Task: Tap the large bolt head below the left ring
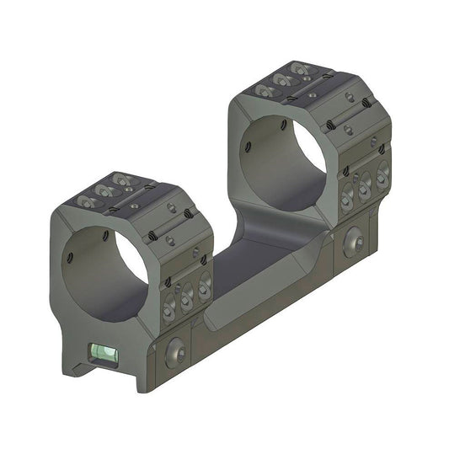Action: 176,350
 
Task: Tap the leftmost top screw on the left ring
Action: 85,201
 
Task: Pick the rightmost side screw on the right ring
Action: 382,174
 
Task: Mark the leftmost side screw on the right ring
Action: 345,195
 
